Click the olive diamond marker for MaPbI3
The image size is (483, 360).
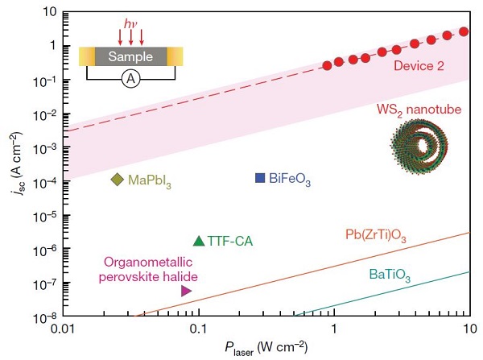click(117, 179)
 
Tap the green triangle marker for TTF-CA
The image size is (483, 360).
click(199, 240)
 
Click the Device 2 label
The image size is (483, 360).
click(419, 67)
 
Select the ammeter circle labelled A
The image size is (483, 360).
click(131, 80)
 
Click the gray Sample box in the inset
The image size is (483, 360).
click(131, 56)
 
